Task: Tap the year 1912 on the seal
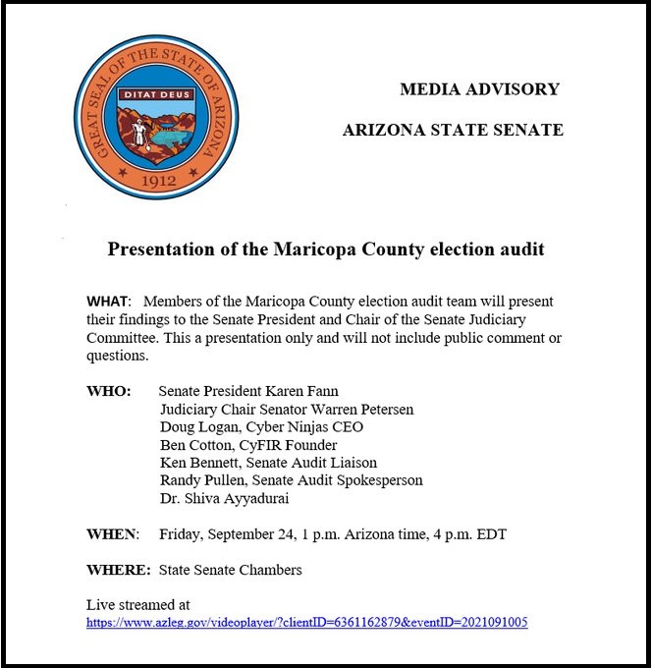click(157, 182)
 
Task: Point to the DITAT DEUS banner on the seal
click(155, 96)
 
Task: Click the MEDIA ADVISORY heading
click(479, 89)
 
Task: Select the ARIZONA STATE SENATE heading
click(453, 130)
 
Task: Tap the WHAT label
click(107, 300)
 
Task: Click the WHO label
click(109, 391)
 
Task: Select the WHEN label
click(112, 533)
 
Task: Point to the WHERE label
click(118, 570)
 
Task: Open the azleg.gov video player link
click(307, 622)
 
